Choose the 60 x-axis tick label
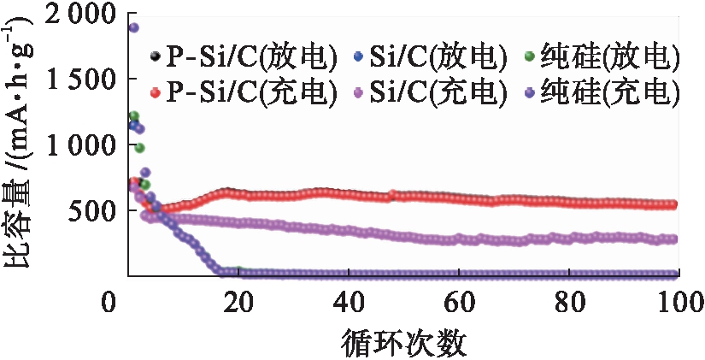(x=459, y=304)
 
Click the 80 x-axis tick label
(x=570, y=304)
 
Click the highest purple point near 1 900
(x=133, y=27)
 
